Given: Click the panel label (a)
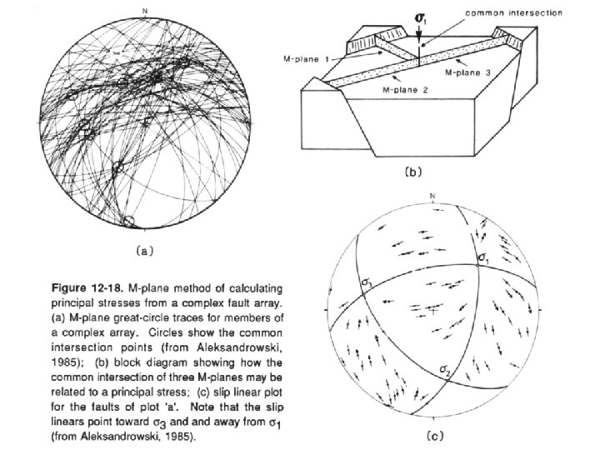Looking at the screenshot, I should coord(142,248).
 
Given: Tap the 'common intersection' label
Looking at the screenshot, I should coord(513,14).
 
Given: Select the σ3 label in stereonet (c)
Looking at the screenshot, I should coord(367,282).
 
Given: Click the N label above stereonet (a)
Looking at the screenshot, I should coord(145,10).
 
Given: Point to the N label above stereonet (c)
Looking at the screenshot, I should coord(433,197).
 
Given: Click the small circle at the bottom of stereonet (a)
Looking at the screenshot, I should coord(128,221).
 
